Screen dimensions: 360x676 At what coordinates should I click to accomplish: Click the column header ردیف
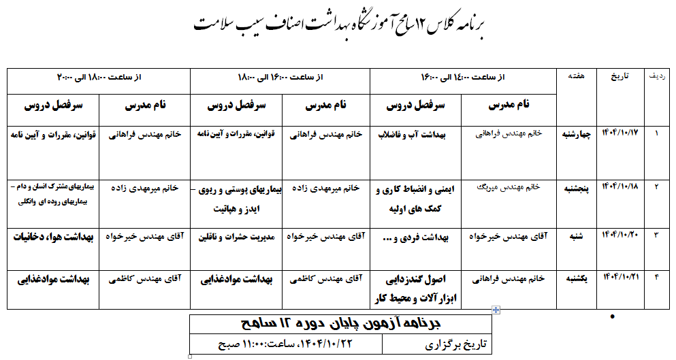[x=657, y=77]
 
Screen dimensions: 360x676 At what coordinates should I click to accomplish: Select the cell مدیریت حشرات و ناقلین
[x=236, y=238]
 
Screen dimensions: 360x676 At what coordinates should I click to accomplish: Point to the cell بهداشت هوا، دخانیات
[x=53, y=237]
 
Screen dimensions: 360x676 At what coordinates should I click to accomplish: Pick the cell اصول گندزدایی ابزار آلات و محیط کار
[x=415, y=288]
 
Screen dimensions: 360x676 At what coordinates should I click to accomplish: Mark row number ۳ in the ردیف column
[x=656, y=235]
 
